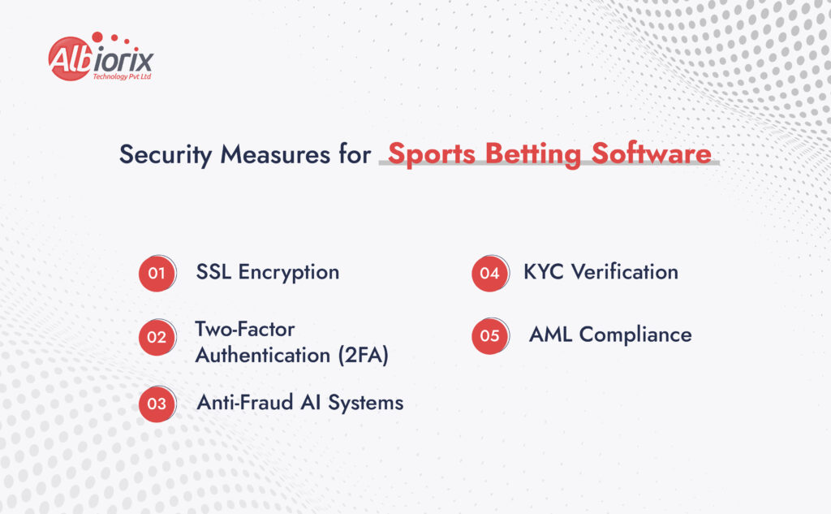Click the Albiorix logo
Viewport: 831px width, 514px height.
click(101, 58)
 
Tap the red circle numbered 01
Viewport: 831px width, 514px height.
click(157, 273)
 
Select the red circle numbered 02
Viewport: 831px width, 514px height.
click(157, 336)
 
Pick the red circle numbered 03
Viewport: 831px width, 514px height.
click(157, 404)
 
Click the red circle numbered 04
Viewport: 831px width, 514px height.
click(489, 273)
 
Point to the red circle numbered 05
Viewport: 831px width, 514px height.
click(489, 335)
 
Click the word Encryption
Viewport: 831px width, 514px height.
click(288, 272)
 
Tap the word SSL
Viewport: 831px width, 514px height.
click(213, 272)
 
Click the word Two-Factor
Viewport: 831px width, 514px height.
click(244, 330)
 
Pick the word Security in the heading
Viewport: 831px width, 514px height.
click(165, 154)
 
